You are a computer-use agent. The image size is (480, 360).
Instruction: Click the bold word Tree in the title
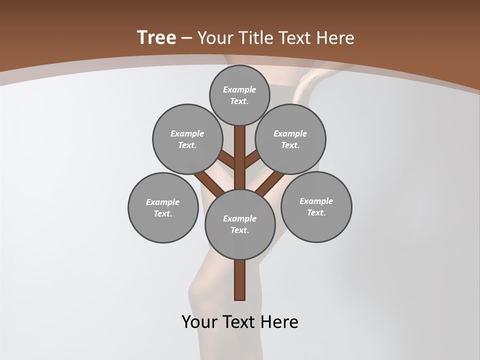(x=156, y=37)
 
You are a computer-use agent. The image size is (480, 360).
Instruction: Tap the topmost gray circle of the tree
(x=240, y=95)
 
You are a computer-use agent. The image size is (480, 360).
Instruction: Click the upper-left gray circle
(x=187, y=139)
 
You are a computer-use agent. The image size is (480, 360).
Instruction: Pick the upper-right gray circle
(x=290, y=139)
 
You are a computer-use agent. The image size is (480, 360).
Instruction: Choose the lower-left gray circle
(x=163, y=207)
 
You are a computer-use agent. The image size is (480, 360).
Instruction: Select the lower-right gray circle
(x=316, y=206)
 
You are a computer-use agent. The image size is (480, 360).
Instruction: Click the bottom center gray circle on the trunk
(x=240, y=224)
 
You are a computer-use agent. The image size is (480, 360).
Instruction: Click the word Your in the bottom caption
(x=199, y=322)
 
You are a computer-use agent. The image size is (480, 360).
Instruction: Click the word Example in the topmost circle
(x=239, y=89)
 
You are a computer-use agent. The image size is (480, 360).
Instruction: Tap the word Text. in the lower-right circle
(x=316, y=212)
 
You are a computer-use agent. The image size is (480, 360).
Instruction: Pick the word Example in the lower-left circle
(x=162, y=202)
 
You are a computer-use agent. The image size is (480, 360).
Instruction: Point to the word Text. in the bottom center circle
(x=239, y=230)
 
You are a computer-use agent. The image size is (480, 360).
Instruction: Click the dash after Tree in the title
(x=186, y=38)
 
